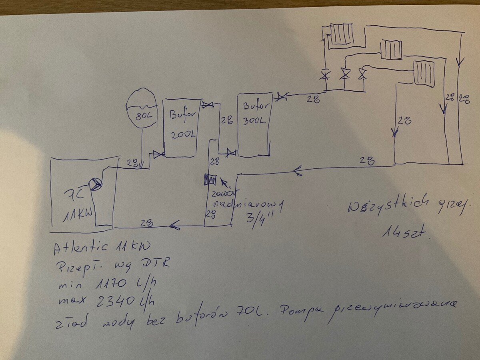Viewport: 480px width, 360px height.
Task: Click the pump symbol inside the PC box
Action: point(96,184)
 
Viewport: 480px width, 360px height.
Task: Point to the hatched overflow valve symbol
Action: point(210,180)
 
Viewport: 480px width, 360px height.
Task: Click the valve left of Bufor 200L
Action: point(159,154)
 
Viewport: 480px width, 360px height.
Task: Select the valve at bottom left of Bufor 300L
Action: point(231,152)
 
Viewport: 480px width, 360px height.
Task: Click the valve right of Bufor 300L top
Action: point(282,96)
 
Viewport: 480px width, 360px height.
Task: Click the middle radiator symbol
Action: point(391,49)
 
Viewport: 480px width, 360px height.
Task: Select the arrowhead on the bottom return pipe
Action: point(175,226)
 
